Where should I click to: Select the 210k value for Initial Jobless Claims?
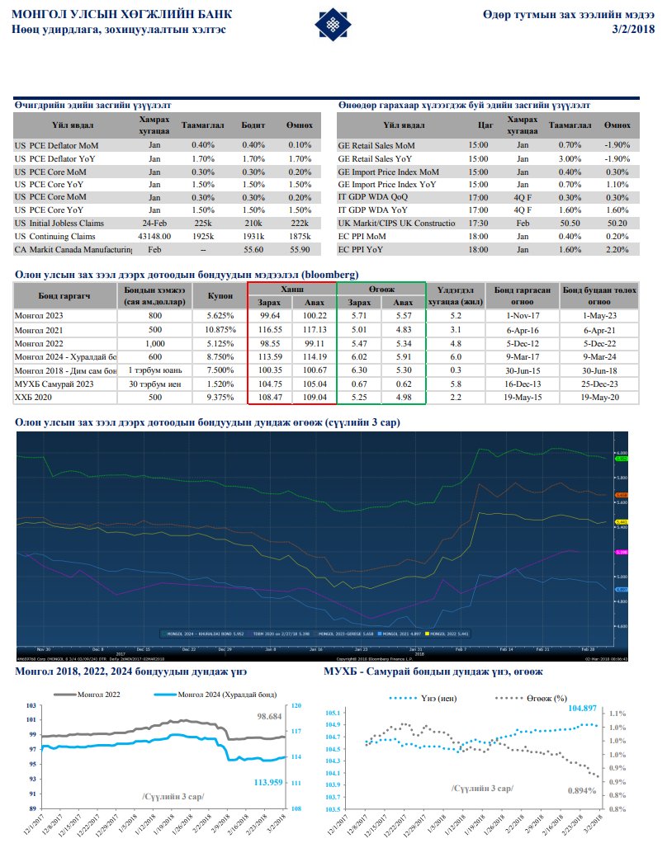[x=253, y=224]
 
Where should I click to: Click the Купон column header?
[x=219, y=295]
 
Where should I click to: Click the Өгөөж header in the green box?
[x=381, y=290]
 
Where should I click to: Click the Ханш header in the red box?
[x=292, y=290]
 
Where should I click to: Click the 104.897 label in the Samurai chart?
[x=582, y=708]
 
